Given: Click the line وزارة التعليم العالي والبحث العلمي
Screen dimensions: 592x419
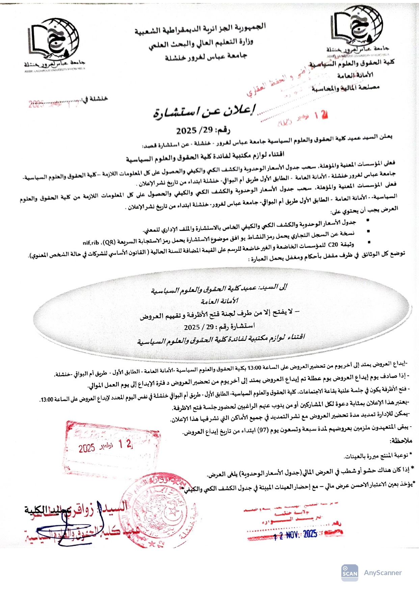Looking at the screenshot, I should [201, 43].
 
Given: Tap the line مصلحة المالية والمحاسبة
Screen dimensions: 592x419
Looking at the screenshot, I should [346, 88].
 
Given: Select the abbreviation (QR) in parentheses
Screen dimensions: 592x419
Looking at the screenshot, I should [108, 242].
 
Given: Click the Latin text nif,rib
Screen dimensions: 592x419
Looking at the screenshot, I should [91, 242].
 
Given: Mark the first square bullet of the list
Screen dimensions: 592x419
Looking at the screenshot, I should [368, 220].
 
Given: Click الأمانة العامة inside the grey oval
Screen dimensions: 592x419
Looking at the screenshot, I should [219, 301].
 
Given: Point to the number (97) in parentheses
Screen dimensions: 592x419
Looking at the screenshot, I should [262, 430].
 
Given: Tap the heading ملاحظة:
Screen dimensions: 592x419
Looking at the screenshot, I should [400, 441].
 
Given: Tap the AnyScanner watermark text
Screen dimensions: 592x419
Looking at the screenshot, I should [383, 573].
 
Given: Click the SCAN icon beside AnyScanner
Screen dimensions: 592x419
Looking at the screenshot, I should [349, 573].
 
